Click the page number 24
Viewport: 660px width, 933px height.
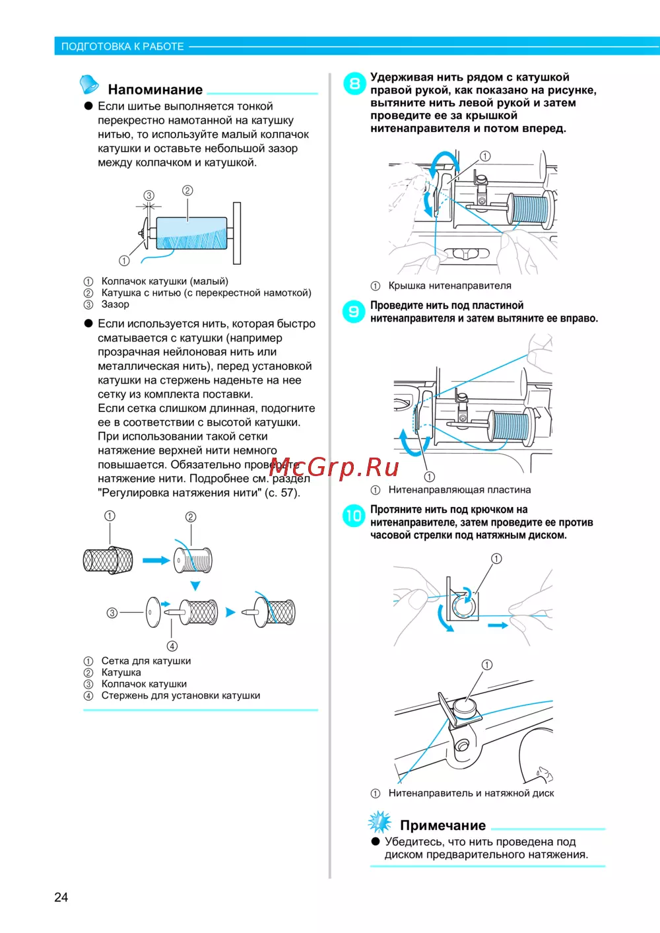tap(61, 897)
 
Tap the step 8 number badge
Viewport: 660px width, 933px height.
tap(354, 84)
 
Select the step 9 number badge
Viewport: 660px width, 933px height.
tap(354, 312)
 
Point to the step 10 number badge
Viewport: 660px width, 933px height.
tap(354, 516)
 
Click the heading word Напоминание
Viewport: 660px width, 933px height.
tap(155, 90)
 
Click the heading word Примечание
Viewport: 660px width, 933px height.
tap(442, 825)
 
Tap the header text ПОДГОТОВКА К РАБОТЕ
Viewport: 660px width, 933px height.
tap(123, 46)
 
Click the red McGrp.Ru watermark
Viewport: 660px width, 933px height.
tap(334, 467)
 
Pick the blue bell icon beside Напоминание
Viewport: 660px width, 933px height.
tap(89, 85)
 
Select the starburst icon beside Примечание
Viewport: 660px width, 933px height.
tap(379, 822)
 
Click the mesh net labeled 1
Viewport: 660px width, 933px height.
tap(108, 561)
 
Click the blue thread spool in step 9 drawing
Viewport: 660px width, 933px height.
tap(511, 426)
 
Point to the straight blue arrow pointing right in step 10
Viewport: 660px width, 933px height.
tap(497, 625)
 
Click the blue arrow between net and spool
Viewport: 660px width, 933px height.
tap(156, 561)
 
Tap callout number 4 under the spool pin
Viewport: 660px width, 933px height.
tap(172, 646)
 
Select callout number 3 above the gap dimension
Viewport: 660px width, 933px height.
tap(149, 195)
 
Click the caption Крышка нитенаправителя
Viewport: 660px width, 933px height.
tap(449, 286)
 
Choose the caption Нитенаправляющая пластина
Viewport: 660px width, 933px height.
tap(459, 490)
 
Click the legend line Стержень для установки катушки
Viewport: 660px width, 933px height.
tap(180, 695)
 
